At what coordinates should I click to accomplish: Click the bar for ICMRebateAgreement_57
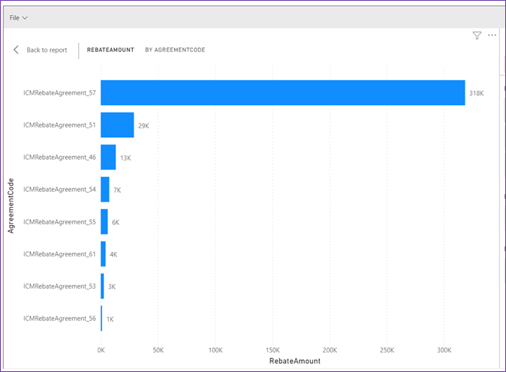pos(282,92)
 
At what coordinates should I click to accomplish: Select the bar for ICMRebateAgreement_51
pos(117,124)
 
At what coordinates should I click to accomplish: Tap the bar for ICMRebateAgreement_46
pos(108,157)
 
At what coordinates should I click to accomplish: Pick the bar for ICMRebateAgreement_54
pos(105,189)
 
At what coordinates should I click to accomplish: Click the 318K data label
pos(476,93)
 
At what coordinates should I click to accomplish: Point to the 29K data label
pos(143,125)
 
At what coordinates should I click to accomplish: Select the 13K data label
pos(125,157)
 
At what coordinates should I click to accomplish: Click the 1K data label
pos(110,319)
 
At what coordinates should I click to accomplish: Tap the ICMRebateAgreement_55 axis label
pos(60,222)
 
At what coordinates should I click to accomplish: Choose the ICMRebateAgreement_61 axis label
pos(60,254)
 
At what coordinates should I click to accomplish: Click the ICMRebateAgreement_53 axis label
pos(60,286)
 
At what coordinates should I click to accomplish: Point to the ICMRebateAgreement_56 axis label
pos(60,319)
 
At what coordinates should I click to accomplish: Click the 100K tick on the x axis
pos(215,350)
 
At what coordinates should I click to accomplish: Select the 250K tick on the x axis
pos(387,350)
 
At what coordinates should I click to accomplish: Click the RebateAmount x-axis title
pos(294,361)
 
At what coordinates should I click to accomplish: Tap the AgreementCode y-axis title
pos(11,205)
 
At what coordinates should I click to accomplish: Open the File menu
pos(19,17)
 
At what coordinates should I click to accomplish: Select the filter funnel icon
pos(477,35)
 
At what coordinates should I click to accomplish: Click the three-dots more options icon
pos(492,35)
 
